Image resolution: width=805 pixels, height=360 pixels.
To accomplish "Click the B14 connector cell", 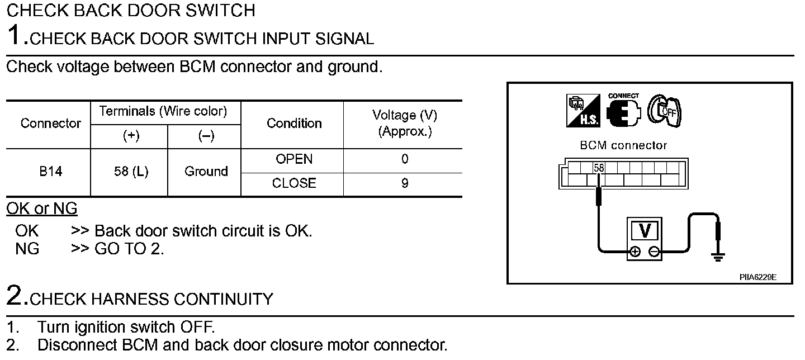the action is (51, 172).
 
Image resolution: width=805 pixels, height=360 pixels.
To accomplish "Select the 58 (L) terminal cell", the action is (131, 172).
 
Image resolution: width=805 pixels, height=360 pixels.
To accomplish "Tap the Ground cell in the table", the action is (206, 172).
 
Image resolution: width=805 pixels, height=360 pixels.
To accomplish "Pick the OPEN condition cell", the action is (294, 159).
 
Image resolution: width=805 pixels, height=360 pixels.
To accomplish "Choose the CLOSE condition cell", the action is (294, 183).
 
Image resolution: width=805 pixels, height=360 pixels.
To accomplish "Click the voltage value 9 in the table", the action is (405, 183).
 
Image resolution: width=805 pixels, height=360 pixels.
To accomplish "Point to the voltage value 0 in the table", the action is (405, 159).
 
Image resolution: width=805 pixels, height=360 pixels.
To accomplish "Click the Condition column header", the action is (294, 123).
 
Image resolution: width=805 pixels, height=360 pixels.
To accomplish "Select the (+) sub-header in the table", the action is (131, 136).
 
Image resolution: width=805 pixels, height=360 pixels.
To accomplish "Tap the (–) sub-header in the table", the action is (206, 136).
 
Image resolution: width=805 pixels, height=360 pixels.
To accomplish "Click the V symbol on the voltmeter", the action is (645, 231).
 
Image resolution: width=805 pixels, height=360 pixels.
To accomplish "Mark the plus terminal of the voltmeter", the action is (635, 252).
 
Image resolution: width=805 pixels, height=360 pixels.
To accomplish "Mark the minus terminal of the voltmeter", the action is (654, 252).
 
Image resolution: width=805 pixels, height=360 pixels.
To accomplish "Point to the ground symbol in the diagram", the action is (718, 257).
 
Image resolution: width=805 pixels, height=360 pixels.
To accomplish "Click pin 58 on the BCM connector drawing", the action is (599, 168).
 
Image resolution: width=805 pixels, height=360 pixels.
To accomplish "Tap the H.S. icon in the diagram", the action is (583, 111).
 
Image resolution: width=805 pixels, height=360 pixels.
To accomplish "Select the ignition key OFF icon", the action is (664, 111).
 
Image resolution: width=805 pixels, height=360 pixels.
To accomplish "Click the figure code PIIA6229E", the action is (758, 277).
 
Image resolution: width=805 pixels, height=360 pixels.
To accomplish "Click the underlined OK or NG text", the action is (42, 209).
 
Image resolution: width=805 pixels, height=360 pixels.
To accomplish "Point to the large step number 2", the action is (15, 295).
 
